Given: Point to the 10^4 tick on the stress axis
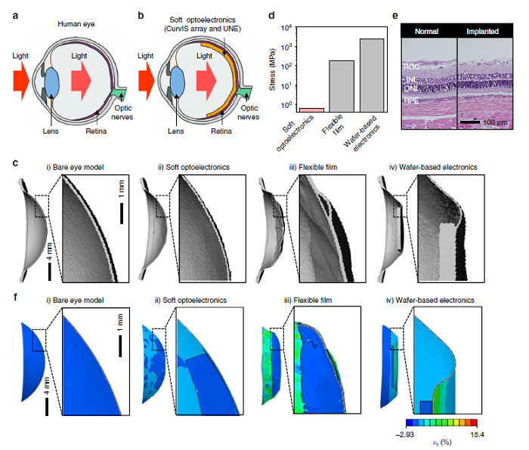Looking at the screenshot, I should [287, 28].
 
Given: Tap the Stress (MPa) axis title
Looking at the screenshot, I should [272, 69].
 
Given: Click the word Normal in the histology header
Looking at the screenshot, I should [429, 33].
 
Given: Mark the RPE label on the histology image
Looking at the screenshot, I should [412, 98].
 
